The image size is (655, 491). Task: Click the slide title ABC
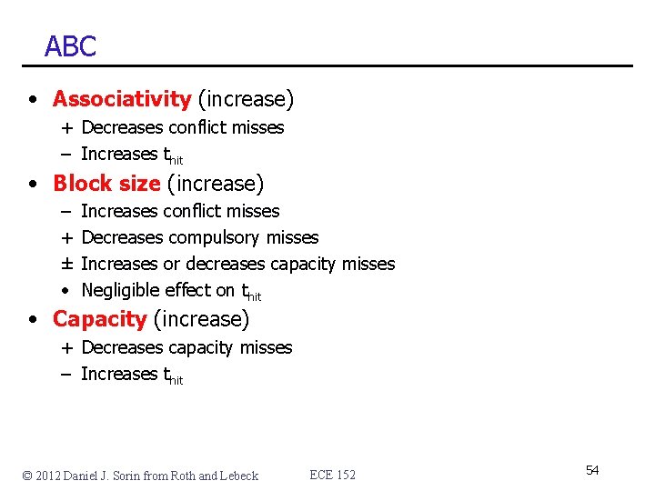point(70,46)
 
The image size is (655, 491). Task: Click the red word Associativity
point(122,98)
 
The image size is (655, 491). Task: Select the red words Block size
point(106,184)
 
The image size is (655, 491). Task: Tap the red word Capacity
point(99,319)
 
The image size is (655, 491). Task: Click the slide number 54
point(592,470)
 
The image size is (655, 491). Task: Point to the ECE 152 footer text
point(333,475)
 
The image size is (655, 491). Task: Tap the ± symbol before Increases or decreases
point(67,264)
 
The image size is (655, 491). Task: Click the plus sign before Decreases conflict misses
point(68,128)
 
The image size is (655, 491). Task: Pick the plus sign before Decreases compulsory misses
point(67,237)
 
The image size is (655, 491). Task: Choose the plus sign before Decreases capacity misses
point(68,347)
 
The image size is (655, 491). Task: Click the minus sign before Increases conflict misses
point(67,211)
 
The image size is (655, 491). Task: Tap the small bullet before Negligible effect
point(67,291)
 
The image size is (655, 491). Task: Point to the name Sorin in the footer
point(136,476)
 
